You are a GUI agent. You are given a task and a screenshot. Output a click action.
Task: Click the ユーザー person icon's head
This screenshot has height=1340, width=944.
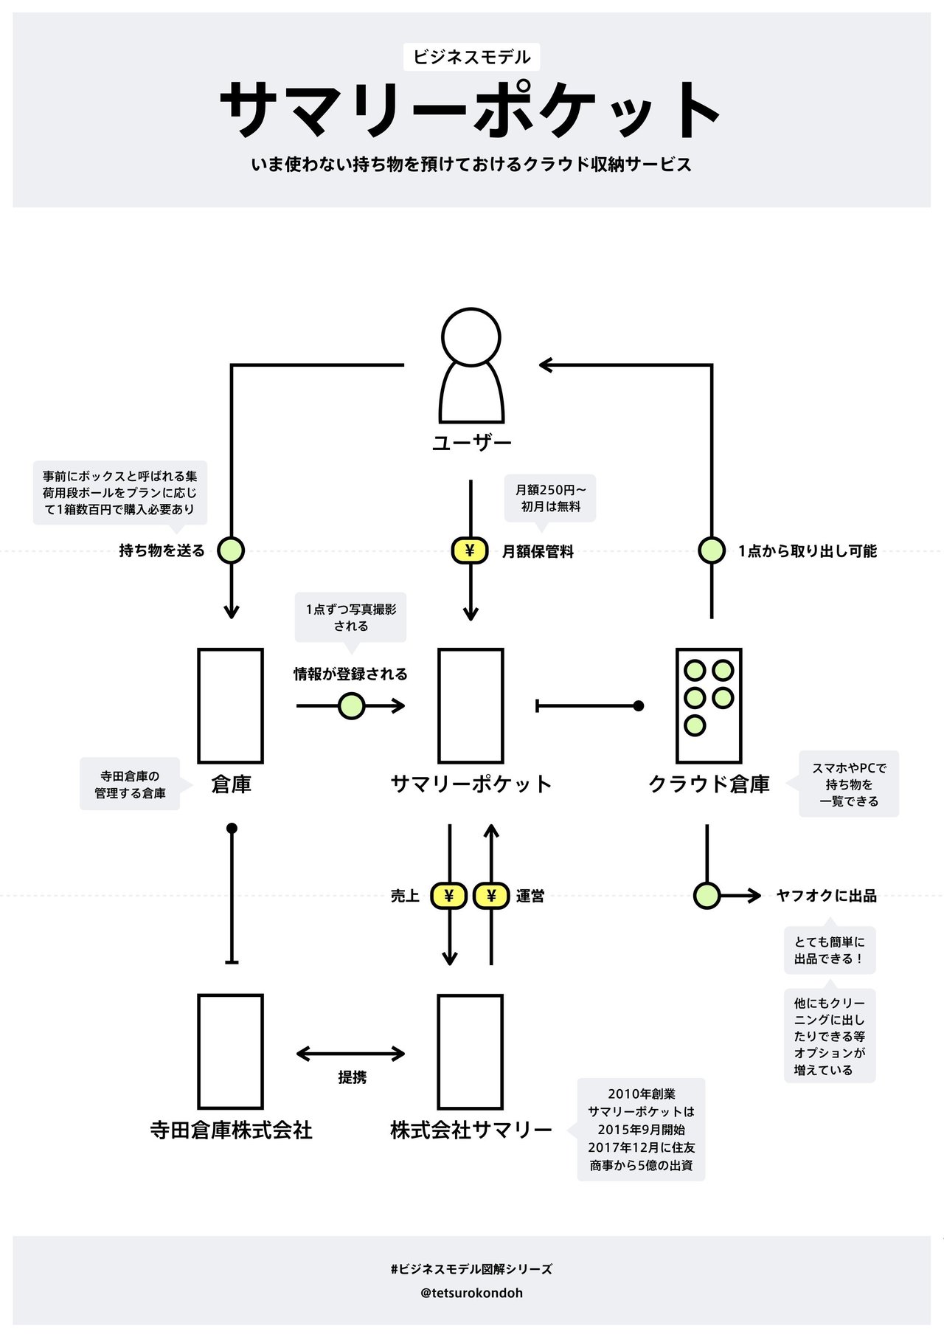[471, 336]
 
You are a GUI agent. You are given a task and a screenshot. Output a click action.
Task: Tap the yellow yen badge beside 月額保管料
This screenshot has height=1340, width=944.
[470, 550]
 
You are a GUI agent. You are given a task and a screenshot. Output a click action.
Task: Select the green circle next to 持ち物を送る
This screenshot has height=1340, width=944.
[231, 550]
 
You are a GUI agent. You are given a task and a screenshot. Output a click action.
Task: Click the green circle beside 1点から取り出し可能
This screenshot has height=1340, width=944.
[712, 550]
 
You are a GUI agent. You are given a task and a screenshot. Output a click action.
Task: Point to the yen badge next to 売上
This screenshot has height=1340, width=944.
[449, 896]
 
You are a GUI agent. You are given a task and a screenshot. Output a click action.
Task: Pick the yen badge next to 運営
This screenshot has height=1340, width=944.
[491, 896]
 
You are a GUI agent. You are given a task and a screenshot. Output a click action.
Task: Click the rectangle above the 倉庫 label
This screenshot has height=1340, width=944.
[231, 705]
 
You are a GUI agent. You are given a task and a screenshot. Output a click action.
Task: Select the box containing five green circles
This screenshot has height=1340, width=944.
[709, 705]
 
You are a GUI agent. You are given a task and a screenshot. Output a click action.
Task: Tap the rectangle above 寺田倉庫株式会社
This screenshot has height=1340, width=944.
[231, 1051]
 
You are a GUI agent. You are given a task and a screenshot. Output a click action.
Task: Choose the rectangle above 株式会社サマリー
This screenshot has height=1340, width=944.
[471, 1051]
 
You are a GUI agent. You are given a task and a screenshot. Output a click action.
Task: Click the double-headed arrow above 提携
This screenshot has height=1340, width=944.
[351, 1054]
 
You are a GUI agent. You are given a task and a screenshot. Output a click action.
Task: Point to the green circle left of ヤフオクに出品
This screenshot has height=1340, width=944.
[707, 896]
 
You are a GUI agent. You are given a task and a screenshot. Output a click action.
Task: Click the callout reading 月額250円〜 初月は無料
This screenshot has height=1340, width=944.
[551, 498]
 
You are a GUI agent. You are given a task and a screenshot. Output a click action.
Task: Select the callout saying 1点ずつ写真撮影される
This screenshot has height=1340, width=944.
[351, 618]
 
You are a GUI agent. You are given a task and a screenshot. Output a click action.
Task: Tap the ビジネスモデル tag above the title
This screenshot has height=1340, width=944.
[472, 57]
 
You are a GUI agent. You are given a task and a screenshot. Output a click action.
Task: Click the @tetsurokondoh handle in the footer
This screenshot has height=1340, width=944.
[472, 1293]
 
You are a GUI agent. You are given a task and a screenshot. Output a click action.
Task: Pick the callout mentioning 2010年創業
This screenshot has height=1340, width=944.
[642, 1130]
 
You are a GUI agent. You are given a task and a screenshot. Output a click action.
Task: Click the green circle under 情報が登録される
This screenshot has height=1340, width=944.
[351, 706]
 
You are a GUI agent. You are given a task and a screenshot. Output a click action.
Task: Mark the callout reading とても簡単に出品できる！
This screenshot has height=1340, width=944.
[830, 950]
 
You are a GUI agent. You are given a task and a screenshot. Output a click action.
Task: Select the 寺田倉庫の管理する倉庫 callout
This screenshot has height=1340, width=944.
[130, 784]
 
